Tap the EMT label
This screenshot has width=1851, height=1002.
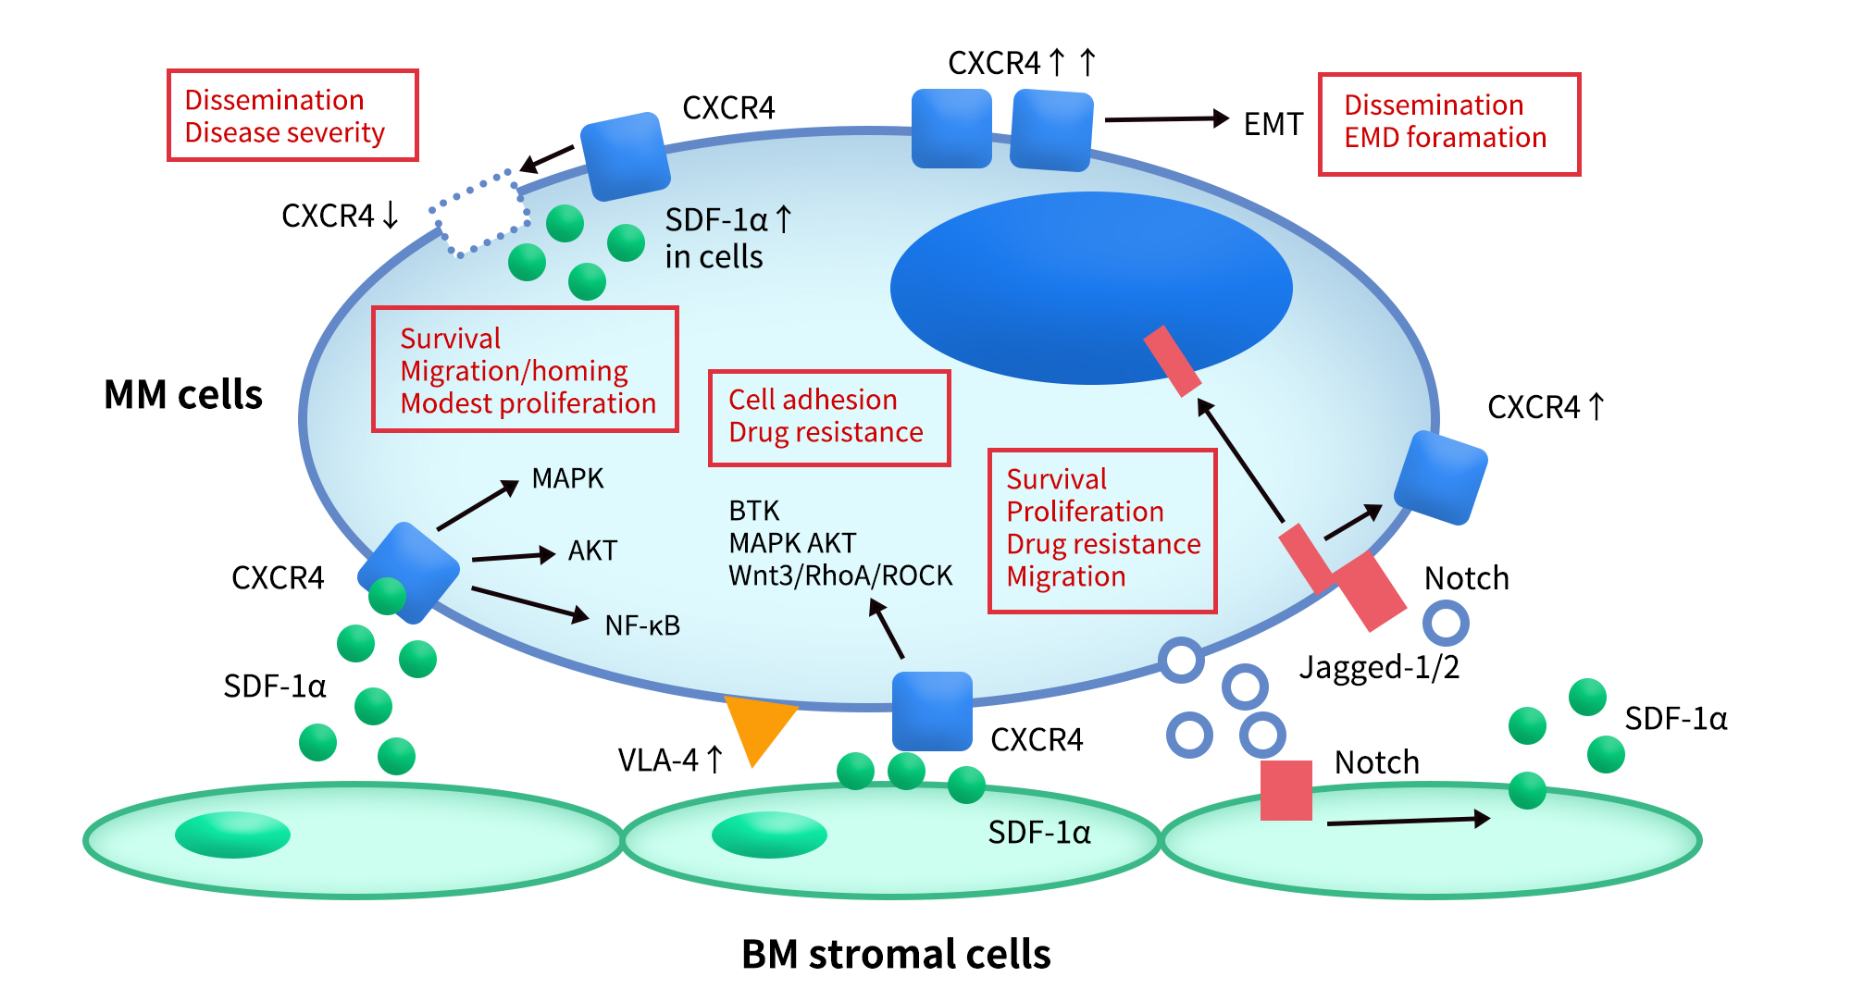1273,124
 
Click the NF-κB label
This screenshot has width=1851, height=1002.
642,625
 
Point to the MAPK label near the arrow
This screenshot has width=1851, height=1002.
567,478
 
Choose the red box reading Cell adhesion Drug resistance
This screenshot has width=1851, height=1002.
828,417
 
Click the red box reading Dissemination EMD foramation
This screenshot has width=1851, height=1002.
1448,124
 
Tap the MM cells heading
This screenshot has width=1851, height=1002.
183,395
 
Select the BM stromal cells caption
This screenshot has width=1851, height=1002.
896,954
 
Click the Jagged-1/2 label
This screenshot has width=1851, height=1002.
1379,667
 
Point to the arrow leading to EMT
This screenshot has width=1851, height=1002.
1166,118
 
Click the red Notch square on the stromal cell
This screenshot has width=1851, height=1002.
1286,790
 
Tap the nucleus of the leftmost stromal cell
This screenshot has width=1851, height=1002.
232,835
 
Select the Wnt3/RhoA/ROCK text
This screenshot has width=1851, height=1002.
840,575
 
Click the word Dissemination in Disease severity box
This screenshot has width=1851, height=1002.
274,100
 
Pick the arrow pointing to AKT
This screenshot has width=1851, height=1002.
512,556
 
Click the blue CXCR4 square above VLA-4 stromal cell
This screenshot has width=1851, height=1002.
931,711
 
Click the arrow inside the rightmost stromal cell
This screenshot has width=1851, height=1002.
1407,821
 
